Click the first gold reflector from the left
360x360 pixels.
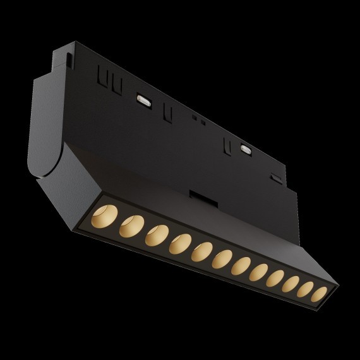click(x=105, y=215)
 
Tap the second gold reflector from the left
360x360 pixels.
click(x=131, y=225)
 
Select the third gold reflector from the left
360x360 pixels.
click(x=156, y=234)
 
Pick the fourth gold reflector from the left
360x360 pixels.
click(x=181, y=243)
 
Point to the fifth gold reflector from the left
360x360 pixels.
click(x=203, y=251)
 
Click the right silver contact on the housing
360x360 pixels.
click(x=246, y=149)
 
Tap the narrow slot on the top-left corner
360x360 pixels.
click(x=66, y=61)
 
